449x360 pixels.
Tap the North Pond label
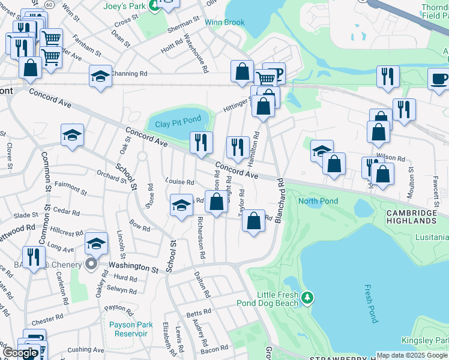tap(318, 201)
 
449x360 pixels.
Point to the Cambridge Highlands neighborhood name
tap(411, 217)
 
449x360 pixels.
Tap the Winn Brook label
tap(224, 22)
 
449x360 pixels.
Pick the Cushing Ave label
tap(86, 349)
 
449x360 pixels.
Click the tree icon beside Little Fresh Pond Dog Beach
tap(307, 297)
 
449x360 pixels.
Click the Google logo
tap(19, 353)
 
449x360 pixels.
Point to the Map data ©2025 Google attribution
tap(412, 355)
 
